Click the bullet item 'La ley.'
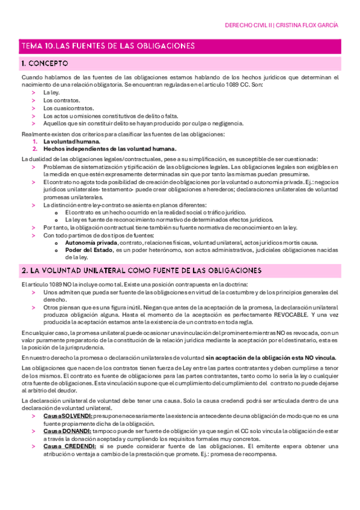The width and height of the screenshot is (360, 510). [x=52, y=93]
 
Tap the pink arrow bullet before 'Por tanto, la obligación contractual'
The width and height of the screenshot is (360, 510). [x=33, y=228]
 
